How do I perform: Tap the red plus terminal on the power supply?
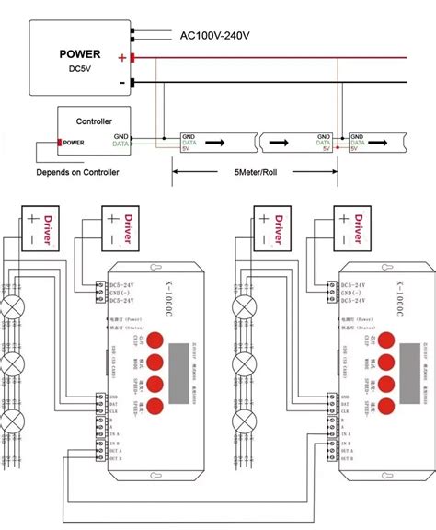click(133, 58)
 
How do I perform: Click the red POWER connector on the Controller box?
click(61, 143)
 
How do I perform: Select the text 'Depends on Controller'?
click(77, 172)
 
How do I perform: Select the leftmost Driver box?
click(37, 226)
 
